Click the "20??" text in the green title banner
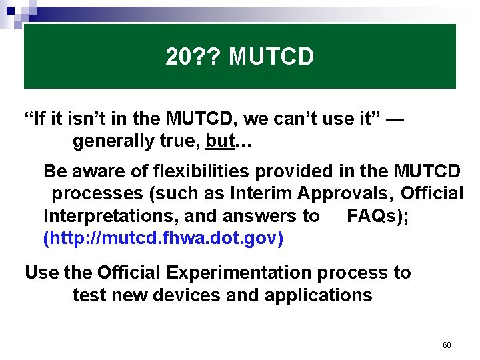194,58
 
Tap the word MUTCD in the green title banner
271,58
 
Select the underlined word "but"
219,142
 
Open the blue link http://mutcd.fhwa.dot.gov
163,238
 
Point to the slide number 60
447,345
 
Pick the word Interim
261,193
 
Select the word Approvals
345,193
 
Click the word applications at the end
318,295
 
